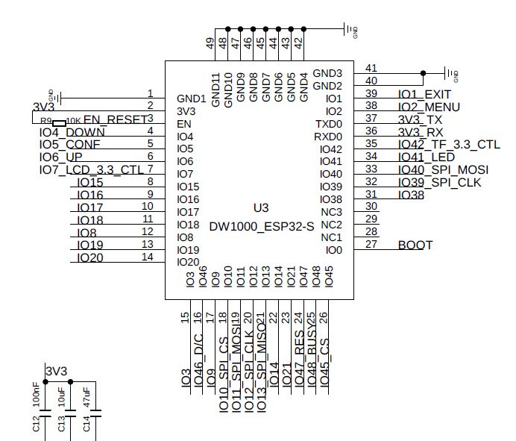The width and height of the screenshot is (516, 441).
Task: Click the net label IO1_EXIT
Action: point(424,95)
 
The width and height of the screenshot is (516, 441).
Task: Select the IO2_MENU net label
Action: point(429,107)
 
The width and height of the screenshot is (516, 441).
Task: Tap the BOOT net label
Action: point(415,245)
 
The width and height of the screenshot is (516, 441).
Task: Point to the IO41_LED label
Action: point(426,157)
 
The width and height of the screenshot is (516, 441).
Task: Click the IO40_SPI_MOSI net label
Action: point(443,170)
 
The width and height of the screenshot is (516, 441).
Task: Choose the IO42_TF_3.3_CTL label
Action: point(449,145)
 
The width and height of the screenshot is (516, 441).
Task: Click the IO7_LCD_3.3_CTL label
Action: point(91,169)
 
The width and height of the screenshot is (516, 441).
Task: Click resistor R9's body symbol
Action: point(59,122)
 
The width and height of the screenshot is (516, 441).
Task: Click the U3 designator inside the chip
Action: point(261,207)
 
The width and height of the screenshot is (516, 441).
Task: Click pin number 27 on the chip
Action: point(371,244)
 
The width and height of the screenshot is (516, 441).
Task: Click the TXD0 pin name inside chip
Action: point(329,124)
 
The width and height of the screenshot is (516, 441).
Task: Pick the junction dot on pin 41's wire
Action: point(424,73)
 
